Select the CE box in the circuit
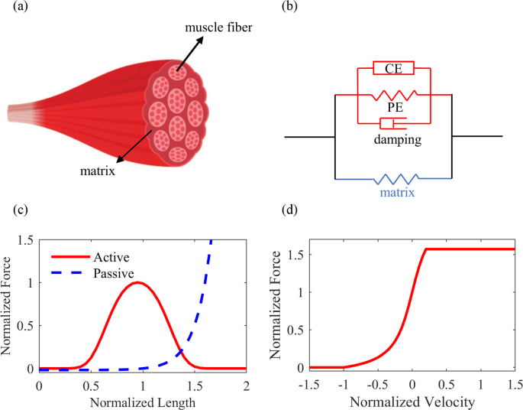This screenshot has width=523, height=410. click(393, 69)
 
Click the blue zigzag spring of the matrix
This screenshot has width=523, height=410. click(394, 180)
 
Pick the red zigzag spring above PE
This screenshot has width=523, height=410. click(394, 96)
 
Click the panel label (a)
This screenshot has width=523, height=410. click(13, 8)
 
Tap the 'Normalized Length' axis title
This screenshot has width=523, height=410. click(143, 400)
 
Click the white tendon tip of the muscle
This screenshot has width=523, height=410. click(17, 113)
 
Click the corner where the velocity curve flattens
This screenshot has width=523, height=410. click(425, 249)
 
